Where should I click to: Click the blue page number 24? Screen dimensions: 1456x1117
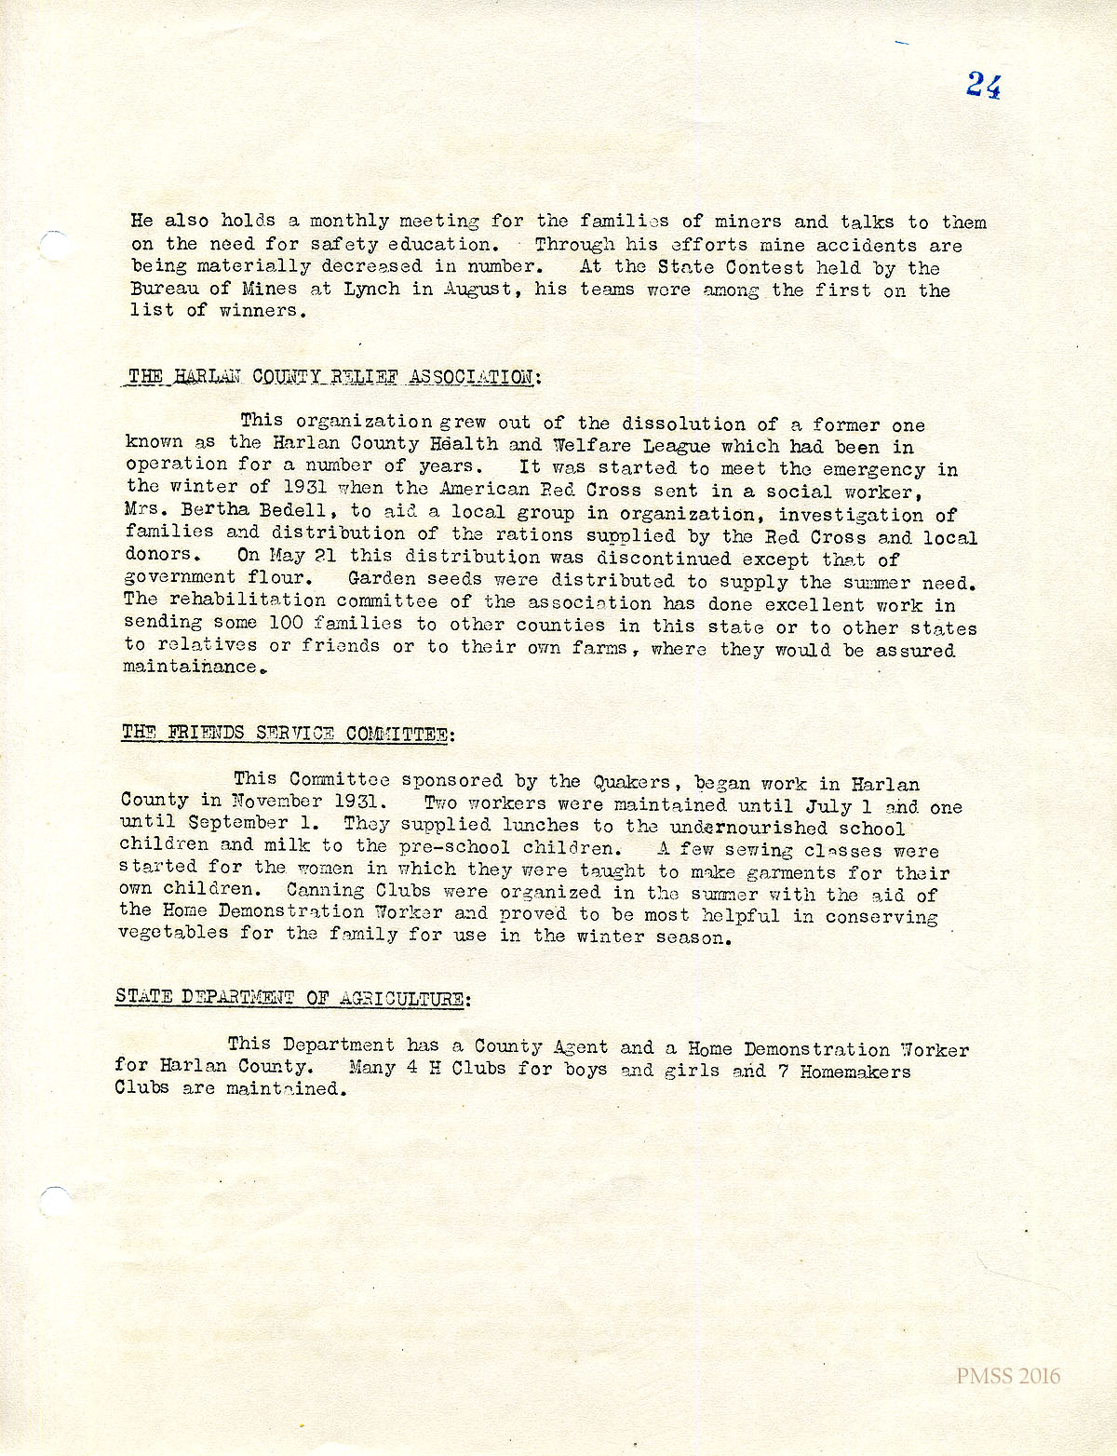[983, 86]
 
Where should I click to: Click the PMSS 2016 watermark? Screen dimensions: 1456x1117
[1007, 1376]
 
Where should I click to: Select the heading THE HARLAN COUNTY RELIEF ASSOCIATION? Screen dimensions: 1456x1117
[332, 377]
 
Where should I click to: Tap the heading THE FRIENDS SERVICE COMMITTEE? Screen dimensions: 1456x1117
[286, 734]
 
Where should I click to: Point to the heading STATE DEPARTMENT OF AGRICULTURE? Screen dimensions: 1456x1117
[291, 998]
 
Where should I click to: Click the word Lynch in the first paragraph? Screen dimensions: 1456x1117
[371, 290]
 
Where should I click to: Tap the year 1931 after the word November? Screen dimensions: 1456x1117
[356, 802]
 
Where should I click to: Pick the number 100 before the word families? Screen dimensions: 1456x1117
[286, 623]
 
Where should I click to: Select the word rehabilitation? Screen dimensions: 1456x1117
[247, 600]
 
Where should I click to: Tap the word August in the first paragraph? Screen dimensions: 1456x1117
[478, 290]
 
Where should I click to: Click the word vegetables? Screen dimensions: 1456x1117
[173, 934]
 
